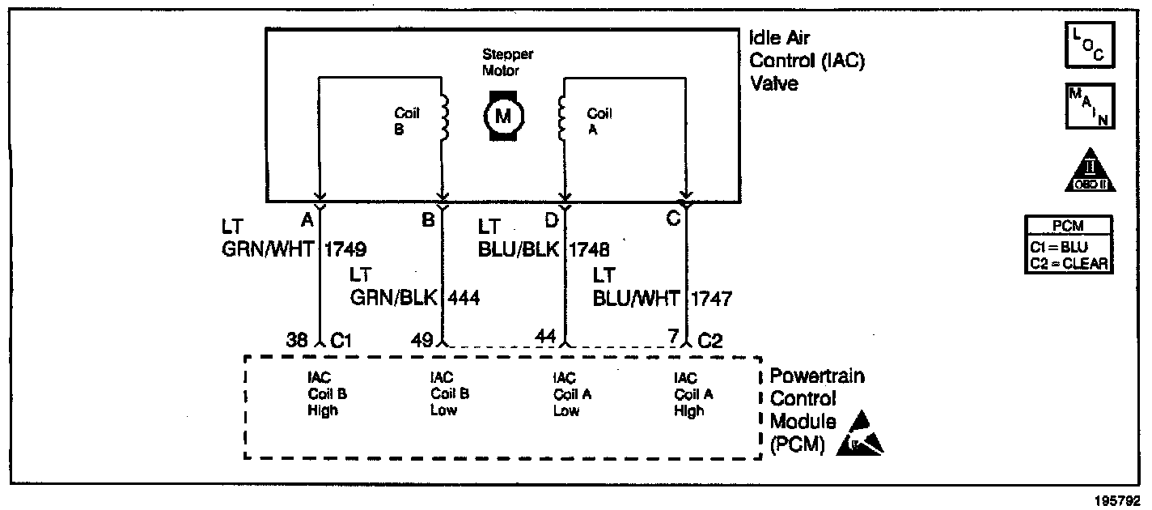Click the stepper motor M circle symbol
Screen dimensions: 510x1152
503,117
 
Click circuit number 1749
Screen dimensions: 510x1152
345,249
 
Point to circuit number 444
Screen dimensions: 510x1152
464,298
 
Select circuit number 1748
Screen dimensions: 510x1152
590,249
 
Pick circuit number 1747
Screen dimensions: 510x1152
711,299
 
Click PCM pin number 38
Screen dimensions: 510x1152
298,341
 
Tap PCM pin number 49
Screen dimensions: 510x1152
421,341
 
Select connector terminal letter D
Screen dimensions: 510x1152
552,219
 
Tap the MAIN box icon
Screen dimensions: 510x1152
1089,106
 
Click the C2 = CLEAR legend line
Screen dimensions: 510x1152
1068,263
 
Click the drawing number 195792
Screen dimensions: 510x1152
1119,499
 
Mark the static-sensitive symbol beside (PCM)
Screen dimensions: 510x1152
862,436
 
